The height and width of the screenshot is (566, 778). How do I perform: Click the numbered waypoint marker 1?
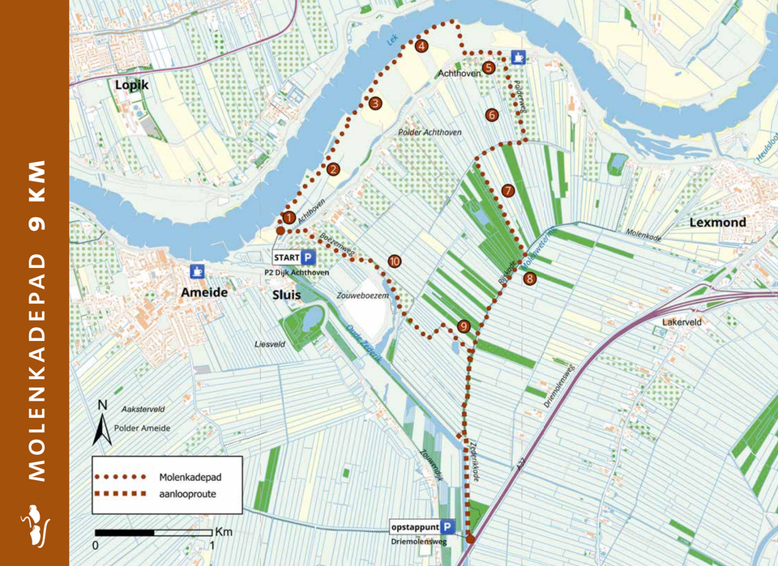pos(288,217)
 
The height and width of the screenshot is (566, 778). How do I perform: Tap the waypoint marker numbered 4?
pos(421,46)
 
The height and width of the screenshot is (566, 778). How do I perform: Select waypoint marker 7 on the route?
pos(508,191)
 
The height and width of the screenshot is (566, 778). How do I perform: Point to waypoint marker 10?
pos(394,261)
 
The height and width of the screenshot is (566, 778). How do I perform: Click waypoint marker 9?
pos(464,326)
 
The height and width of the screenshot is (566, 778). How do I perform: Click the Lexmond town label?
pos(717,222)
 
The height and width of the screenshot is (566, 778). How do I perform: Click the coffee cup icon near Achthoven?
pos(518,57)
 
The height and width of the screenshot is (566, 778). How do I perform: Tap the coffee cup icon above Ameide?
pos(196,270)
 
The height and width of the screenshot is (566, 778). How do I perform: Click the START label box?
pos(288,258)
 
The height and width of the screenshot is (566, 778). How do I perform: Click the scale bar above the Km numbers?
pos(154,532)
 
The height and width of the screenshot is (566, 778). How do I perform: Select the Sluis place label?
pos(287,295)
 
